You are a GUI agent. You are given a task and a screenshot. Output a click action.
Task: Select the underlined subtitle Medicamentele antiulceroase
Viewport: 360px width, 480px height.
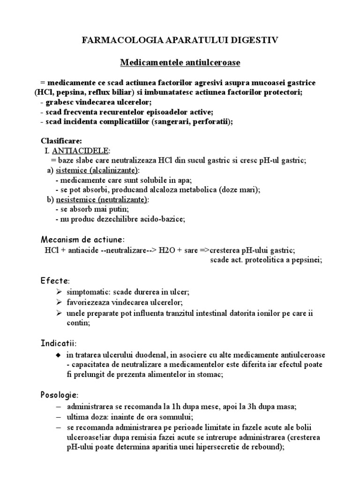point(180,62)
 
